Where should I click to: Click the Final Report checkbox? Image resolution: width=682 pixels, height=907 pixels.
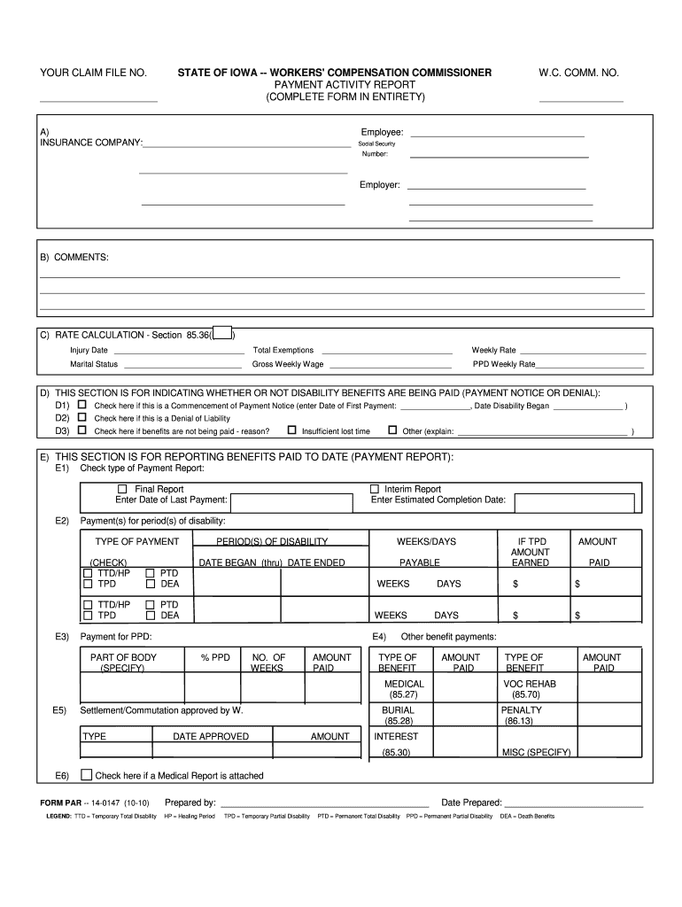[123, 489]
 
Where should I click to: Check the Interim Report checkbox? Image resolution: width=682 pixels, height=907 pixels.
[374, 489]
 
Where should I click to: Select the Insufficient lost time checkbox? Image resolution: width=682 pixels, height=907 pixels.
[291, 430]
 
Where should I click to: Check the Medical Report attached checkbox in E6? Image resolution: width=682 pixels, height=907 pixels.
[86, 775]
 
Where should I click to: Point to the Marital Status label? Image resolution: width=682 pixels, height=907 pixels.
[94, 364]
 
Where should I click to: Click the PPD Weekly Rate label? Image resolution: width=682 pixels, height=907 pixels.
[503, 364]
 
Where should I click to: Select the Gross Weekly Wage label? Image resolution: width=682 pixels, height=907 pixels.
[288, 364]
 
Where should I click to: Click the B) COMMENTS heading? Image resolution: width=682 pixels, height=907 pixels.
[74, 257]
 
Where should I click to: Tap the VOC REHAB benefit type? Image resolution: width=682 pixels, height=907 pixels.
[525, 684]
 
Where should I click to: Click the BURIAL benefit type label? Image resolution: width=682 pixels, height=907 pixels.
[398, 710]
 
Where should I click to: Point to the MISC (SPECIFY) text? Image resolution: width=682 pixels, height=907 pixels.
[537, 752]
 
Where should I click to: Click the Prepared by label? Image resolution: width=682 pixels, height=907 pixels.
[190, 802]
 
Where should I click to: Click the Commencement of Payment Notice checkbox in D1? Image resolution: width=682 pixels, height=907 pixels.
[82, 405]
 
